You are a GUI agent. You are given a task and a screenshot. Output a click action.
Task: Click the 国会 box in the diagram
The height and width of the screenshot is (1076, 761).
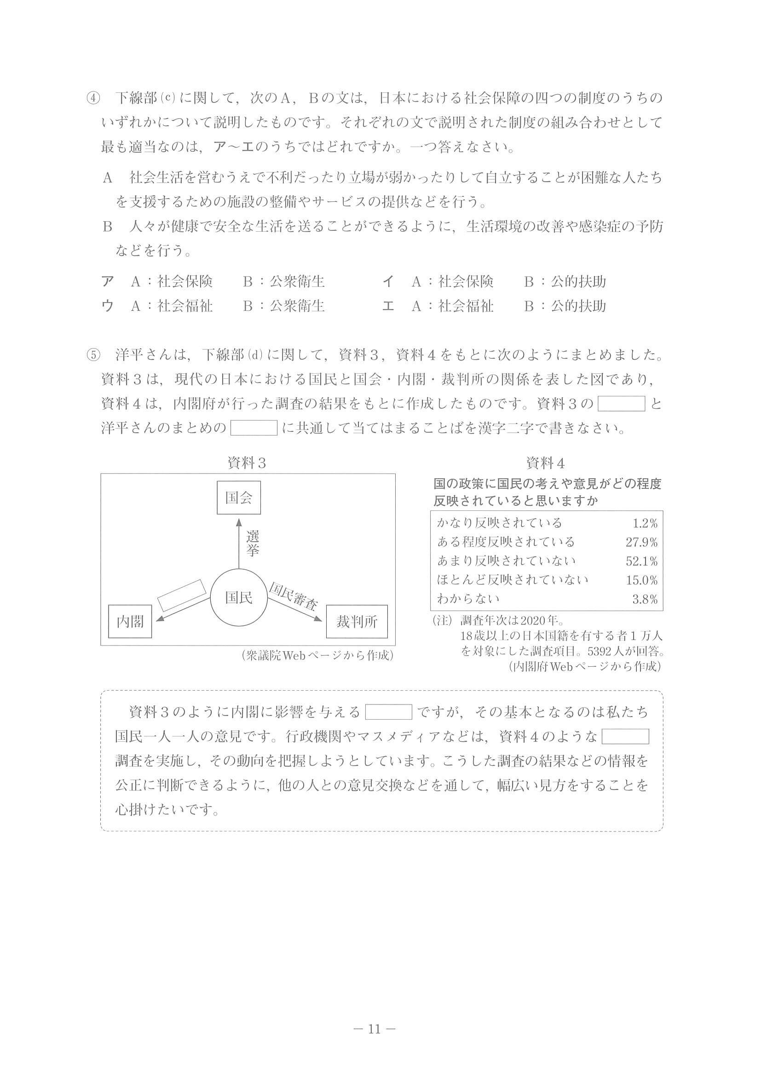(239, 497)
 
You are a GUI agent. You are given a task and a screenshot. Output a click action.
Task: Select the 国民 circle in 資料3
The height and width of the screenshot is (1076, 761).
(239, 597)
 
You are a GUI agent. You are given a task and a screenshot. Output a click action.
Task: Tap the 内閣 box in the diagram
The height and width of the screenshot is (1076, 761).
(130, 622)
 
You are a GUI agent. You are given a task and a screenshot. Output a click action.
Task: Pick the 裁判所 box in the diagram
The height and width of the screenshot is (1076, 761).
(357, 622)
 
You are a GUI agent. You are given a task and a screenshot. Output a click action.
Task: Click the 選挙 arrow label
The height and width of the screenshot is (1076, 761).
(252, 544)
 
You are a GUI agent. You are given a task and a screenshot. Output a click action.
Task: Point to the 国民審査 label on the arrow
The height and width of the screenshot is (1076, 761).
(293, 595)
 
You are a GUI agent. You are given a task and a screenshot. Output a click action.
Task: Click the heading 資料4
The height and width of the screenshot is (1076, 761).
(545, 464)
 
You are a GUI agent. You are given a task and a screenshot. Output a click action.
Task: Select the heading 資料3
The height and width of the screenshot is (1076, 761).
(247, 464)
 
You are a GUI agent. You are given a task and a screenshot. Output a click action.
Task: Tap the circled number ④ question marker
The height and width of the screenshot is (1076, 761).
(93, 98)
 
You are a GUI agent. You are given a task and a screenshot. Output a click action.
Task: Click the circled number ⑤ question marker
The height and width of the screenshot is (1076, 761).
(93, 355)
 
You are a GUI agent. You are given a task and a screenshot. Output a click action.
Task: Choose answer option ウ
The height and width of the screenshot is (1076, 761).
(107, 306)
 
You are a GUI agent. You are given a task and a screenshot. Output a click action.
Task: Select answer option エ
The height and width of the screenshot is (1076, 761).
(388, 306)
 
